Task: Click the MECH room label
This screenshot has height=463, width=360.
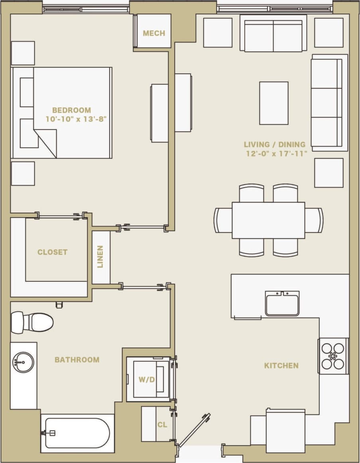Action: (x=154, y=33)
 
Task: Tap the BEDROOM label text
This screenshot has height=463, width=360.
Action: (x=71, y=110)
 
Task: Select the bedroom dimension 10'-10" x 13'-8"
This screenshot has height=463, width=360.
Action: (x=76, y=119)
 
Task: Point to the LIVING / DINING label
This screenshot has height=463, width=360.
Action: (x=275, y=145)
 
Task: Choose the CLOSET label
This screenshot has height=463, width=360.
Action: (x=52, y=252)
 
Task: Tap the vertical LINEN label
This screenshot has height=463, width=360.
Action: (x=100, y=257)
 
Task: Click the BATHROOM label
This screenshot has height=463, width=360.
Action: (x=77, y=360)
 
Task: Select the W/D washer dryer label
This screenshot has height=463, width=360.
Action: (x=146, y=380)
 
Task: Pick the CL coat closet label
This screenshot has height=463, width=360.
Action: (x=162, y=425)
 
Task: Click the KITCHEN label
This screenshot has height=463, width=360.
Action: (x=281, y=365)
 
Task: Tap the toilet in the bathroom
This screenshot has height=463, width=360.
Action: (x=32, y=322)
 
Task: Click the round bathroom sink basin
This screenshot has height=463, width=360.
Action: (x=24, y=363)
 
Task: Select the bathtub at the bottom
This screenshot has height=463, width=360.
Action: (x=77, y=433)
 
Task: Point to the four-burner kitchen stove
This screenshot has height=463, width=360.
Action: (x=333, y=356)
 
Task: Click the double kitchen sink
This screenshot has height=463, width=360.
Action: (x=282, y=303)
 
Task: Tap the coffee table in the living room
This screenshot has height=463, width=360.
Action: (x=273, y=103)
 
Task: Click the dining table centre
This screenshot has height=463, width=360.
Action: (x=268, y=220)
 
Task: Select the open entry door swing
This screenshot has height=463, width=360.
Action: (x=194, y=430)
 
